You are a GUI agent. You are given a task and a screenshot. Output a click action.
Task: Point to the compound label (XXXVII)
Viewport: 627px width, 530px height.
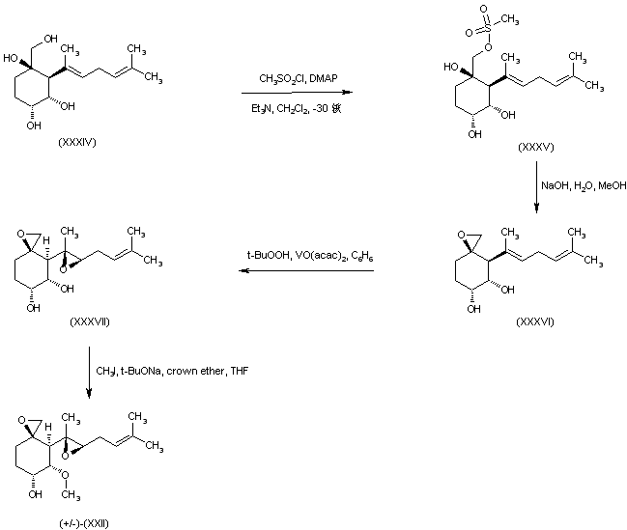pyautogui.click(x=90, y=321)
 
